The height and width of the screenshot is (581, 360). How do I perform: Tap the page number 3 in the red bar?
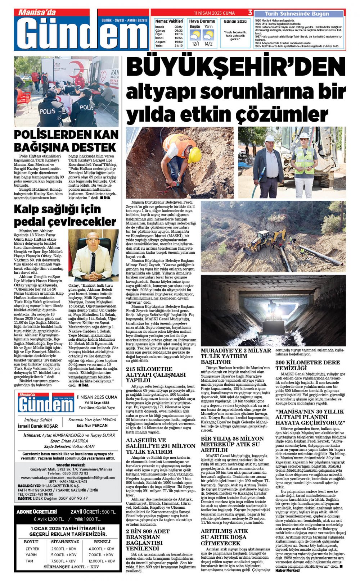click(250, 13)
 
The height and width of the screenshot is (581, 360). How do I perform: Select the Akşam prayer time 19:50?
click(178, 42)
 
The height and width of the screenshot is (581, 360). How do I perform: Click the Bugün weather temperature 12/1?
click(195, 44)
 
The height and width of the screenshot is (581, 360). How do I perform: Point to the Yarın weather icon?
click(208, 35)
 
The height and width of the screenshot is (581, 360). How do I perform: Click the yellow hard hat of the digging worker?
click(195, 155)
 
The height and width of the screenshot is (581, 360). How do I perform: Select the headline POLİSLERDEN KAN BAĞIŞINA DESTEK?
click(66, 141)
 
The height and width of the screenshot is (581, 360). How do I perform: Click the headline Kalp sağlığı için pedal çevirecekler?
click(65, 215)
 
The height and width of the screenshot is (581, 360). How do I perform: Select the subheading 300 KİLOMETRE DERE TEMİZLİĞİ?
click(308, 365)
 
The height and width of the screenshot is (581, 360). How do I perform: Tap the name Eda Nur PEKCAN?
click(92, 426)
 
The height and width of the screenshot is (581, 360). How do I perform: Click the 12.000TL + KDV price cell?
click(102, 561)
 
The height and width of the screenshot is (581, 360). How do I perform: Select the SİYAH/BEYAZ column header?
click(65, 542)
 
